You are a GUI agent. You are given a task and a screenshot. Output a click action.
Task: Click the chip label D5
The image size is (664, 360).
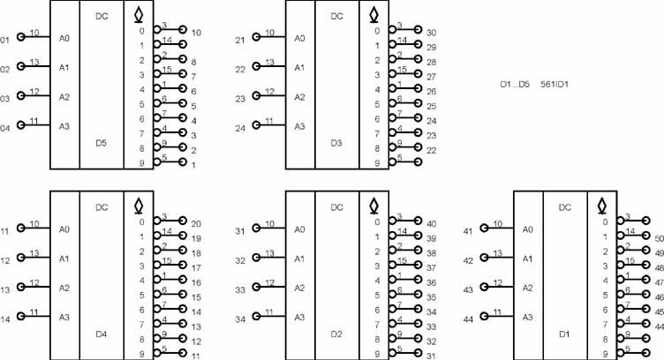click(x=102, y=143)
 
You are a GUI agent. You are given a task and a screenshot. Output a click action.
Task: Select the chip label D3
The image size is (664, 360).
click(x=336, y=143)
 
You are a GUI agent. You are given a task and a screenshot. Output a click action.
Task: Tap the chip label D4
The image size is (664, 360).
click(x=102, y=334)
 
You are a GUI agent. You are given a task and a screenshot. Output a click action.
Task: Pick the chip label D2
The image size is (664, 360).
click(x=336, y=334)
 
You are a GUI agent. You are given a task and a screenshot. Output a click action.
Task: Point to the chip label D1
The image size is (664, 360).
click(x=564, y=334)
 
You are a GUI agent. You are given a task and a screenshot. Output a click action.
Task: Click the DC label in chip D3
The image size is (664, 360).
click(x=336, y=16)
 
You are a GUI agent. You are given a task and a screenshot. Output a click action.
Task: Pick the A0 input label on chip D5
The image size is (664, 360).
click(x=64, y=38)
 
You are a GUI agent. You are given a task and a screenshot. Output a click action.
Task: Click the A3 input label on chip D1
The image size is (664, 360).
click(x=528, y=317)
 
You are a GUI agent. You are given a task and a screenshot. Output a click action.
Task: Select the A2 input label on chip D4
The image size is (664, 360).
click(x=64, y=288)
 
